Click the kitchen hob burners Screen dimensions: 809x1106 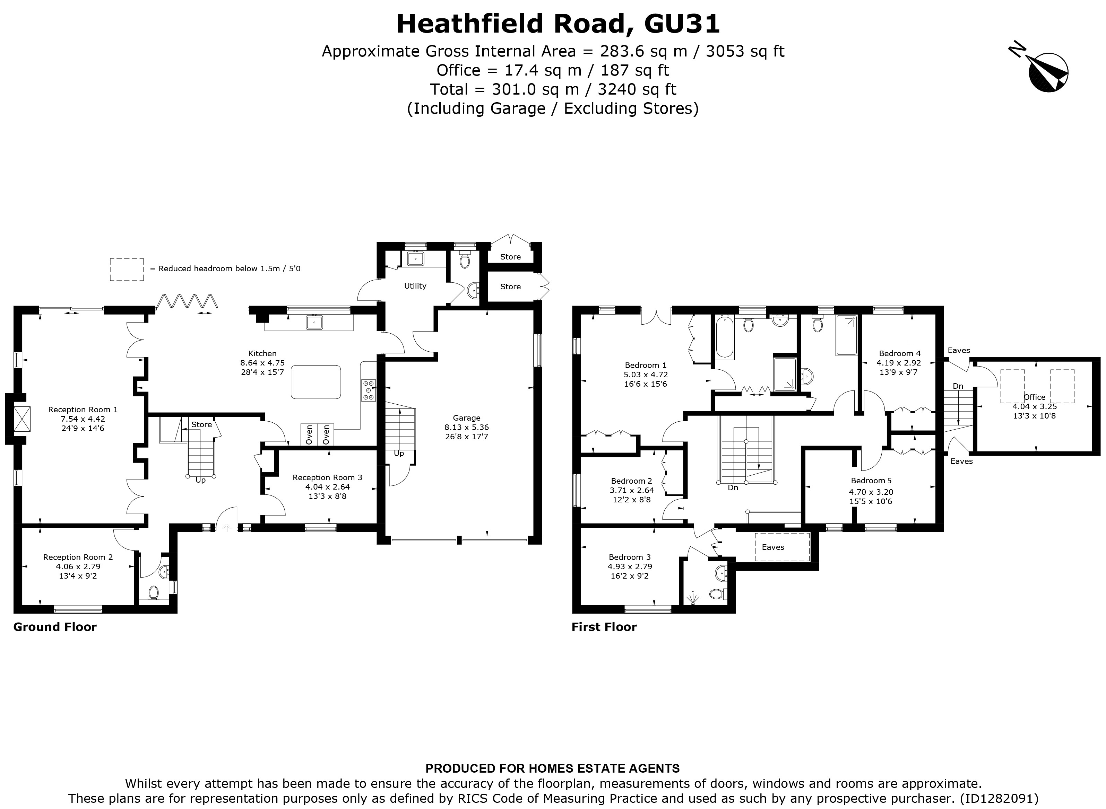(369, 390)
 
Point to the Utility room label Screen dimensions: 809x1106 (415, 286)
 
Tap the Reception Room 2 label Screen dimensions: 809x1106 (78, 557)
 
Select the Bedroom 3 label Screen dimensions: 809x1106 (630, 557)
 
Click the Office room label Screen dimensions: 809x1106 (1035, 397)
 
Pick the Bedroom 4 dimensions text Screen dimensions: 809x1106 (899, 367)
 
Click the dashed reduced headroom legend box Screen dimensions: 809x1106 (127, 269)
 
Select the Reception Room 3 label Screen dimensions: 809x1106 (327, 477)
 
